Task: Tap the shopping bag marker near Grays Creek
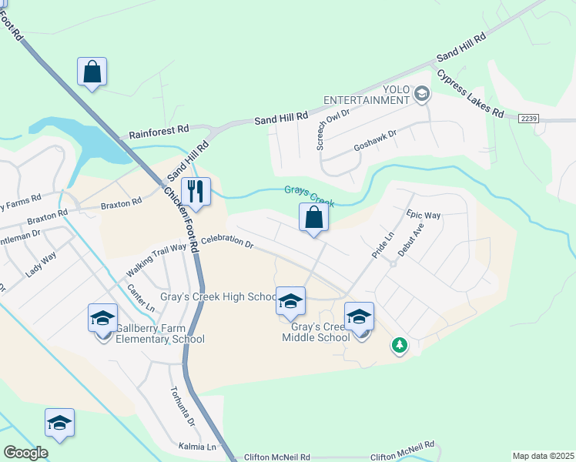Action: (314, 217)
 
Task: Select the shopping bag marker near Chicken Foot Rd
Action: (92, 72)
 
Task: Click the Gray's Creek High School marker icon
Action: (290, 300)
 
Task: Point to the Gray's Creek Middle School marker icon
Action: (359, 316)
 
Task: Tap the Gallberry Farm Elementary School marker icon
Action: (102, 317)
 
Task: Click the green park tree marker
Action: (399, 346)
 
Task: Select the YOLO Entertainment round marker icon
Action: (421, 95)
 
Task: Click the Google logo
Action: (25, 453)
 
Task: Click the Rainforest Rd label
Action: (159, 132)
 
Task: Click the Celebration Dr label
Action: (228, 243)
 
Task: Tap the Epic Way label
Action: (424, 215)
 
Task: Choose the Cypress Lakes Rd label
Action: (470, 94)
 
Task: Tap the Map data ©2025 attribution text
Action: (542, 456)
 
